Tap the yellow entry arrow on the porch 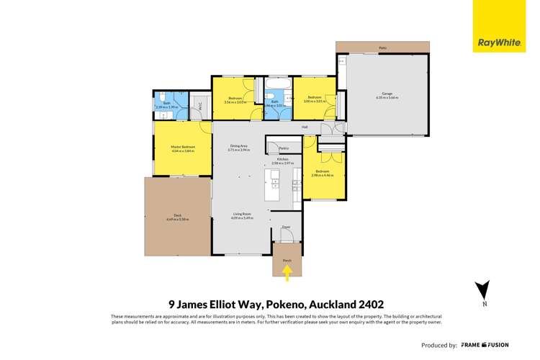pos(287,272)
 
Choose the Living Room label pos(241,214)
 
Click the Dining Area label pos(239,146)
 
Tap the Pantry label pos(274,148)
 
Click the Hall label pos(305,127)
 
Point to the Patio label pos(382,49)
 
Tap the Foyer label pos(286,227)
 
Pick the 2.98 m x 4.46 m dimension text pos(322,175)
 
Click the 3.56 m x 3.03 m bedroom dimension pos(235,102)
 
